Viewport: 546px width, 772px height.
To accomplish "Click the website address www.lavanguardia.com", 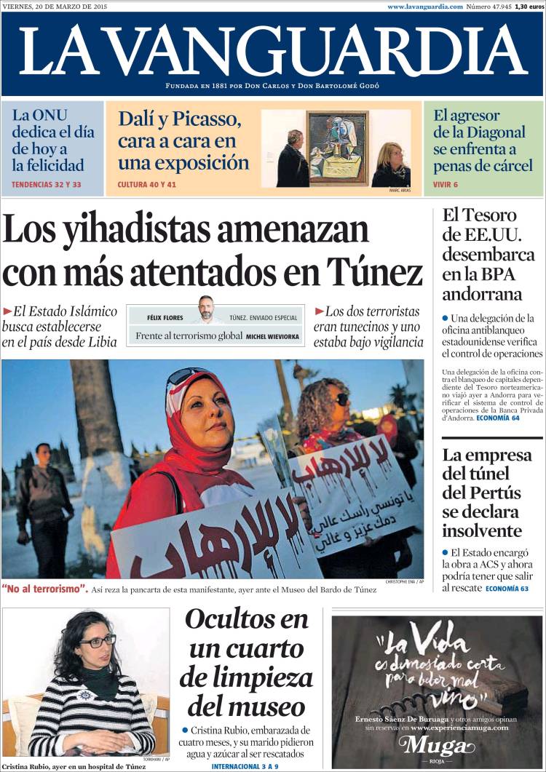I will point(424,7).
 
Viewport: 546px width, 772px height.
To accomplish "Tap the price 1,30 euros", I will point(530,7).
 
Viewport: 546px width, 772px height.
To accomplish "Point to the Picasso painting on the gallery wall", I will point(337,148).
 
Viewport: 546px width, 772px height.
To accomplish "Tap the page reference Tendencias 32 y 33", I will point(46,185).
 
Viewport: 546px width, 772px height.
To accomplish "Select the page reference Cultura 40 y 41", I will point(147,185).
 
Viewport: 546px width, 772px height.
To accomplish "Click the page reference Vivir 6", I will point(446,185).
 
